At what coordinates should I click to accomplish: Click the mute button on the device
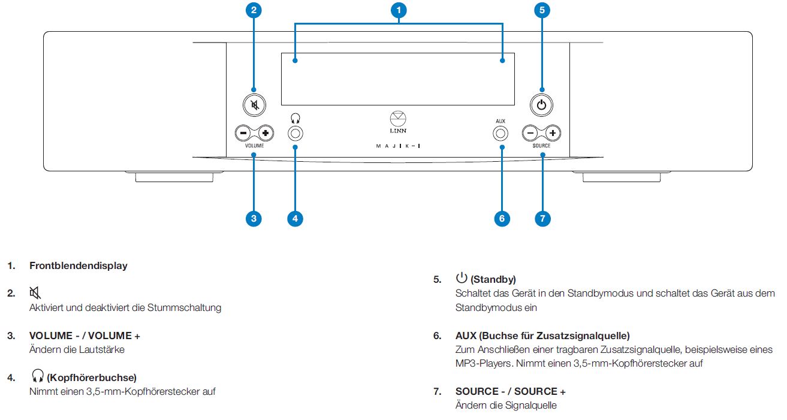pos(254,106)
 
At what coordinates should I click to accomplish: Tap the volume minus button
pos(243,132)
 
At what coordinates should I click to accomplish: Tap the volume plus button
pos(265,132)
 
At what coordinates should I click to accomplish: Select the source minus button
pos(530,132)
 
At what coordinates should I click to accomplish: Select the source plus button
pos(553,132)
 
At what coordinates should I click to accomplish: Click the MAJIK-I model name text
pos(398,146)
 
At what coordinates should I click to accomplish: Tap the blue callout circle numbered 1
pos(399,10)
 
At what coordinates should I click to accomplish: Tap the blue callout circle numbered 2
pos(254,10)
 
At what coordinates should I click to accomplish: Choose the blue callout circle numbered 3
pos(254,219)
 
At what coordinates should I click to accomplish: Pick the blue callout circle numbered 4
pos(295,219)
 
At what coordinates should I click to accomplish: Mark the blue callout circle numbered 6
pos(502,219)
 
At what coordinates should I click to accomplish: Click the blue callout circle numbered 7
pos(542,219)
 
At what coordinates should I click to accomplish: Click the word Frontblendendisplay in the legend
pos(79,266)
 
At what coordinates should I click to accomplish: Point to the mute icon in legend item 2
pos(35,293)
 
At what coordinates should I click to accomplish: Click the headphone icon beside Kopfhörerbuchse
pos(37,376)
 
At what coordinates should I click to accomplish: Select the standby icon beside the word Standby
pos(462,277)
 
